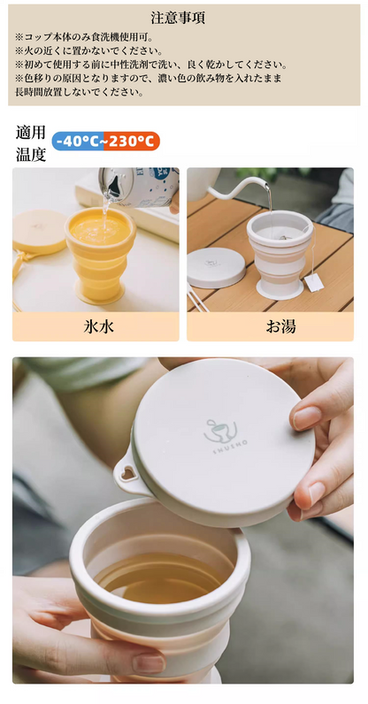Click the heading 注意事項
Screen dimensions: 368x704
[x=178, y=18]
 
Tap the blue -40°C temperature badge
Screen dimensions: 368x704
[x=78, y=141]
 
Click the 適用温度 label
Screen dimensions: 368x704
[x=31, y=143]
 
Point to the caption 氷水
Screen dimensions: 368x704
[x=98, y=326]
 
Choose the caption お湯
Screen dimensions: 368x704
[x=280, y=326]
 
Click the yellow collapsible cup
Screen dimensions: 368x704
[x=100, y=254]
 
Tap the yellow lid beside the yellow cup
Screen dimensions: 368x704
[x=40, y=232]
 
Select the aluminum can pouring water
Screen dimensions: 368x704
[x=140, y=187]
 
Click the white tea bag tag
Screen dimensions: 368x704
[x=314, y=283]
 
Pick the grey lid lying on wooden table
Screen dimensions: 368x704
[x=216, y=268]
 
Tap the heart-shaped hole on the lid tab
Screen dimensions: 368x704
[x=128, y=473]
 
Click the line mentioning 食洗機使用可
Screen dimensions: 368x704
[x=83, y=36]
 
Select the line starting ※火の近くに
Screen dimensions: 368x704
[x=89, y=50]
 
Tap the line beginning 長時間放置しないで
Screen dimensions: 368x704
[x=80, y=93]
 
